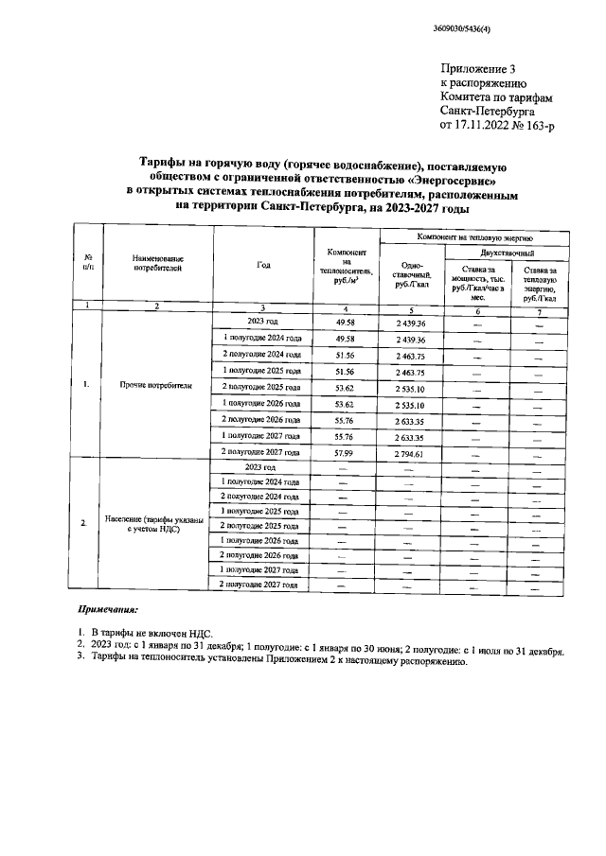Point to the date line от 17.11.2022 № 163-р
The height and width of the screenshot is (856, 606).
tap(496, 124)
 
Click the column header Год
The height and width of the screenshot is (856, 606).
tap(263, 265)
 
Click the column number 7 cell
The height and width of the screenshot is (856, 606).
tap(539, 311)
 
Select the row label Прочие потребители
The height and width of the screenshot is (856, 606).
tap(156, 386)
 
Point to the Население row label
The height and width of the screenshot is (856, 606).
tap(156, 525)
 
